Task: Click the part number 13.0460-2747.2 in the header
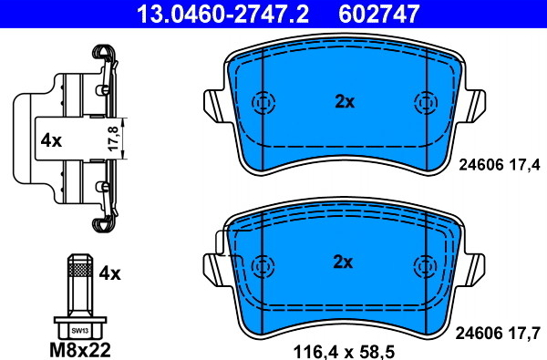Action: click(222, 14)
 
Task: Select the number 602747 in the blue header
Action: click(378, 14)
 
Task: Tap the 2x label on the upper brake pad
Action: click(345, 102)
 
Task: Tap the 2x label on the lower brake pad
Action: click(343, 262)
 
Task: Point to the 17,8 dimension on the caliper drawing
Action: click(113, 139)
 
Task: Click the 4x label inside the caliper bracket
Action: click(51, 141)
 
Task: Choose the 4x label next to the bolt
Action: click(110, 273)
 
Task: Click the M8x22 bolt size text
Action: click(80, 349)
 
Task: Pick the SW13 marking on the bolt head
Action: click(80, 331)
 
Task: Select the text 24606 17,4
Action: click(500, 165)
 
